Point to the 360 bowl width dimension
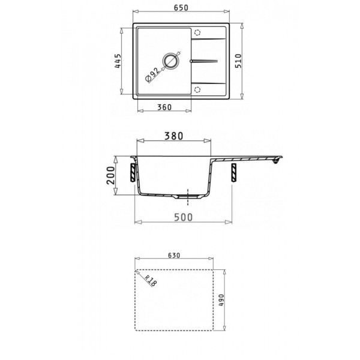[165, 107]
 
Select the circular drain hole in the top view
[172, 61]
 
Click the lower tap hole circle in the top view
[198, 89]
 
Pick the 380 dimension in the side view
[174, 136]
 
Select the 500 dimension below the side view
[182, 217]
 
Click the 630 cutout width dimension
[174, 255]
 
